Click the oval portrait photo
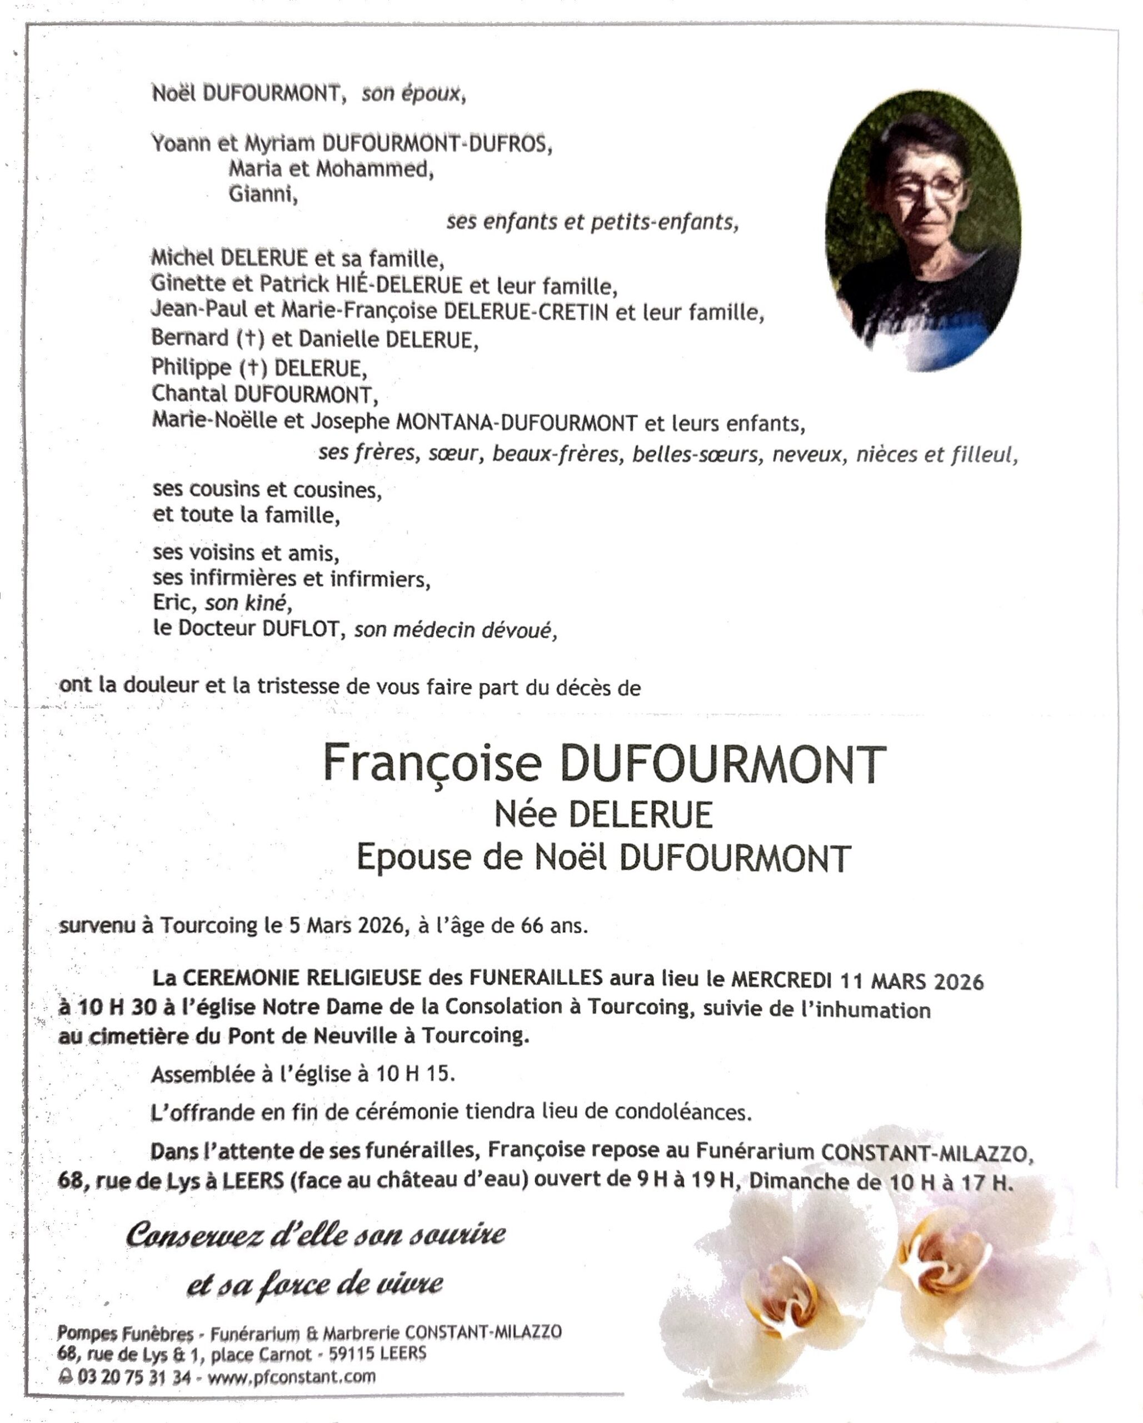[922, 231]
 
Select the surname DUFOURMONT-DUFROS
[436, 143]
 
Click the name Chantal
[189, 394]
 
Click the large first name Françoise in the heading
[432, 764]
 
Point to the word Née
[525, 814]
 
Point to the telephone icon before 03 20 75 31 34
[66, 1377]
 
